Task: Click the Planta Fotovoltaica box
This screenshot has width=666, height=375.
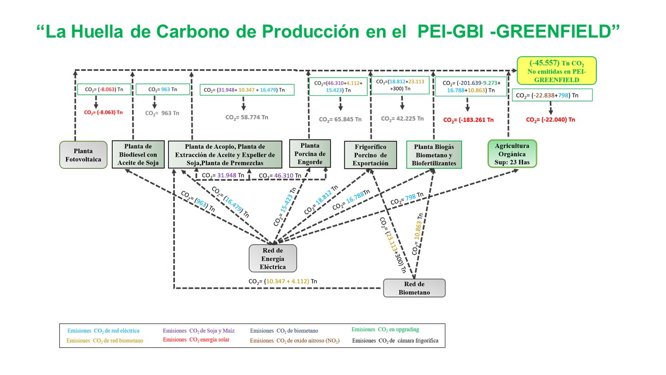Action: point(83,155)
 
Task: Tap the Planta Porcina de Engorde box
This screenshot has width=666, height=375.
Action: point(310,154)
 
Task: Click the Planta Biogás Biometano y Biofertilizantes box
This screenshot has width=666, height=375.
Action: point(434,155)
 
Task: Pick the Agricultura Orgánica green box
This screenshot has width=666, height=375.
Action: point(512,154)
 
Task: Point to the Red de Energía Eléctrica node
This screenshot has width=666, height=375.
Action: point(273,258)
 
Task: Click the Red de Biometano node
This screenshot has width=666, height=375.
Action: point(414,288)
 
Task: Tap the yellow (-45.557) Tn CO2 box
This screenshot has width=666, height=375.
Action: point(557,71)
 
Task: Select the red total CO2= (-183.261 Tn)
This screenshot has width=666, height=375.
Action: point(467,120)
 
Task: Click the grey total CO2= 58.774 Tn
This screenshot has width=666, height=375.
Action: point(247,118)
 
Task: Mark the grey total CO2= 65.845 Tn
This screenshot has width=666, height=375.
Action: point(340,119)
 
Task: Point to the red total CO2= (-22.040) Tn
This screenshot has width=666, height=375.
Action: point(550,120)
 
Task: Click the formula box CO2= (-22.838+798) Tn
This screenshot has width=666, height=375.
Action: point(553,95)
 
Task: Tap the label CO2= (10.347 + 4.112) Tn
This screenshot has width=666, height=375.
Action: point(283,281)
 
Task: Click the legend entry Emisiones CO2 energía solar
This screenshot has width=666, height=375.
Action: point(196,340)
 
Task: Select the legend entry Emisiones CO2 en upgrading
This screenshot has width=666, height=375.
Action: point(385,330)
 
